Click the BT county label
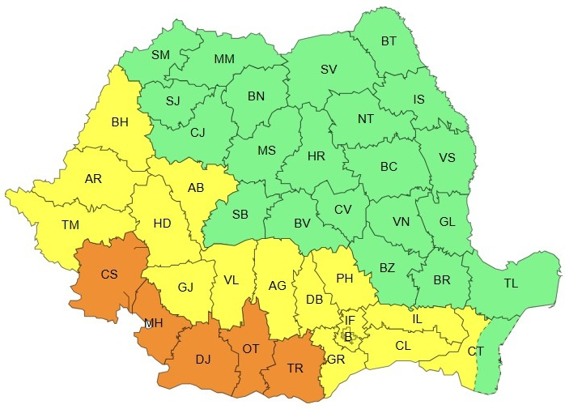click(389, 40)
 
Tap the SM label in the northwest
click(160, 55)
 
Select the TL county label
click(511, 283)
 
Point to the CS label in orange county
click(109, 275)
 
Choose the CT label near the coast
click(475, 351)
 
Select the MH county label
click(153, 323)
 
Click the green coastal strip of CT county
click(494, 356)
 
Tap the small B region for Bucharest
click(348, 334)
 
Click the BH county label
click(120, 123)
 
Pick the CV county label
click(344, 210)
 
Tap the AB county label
click(195, 188)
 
